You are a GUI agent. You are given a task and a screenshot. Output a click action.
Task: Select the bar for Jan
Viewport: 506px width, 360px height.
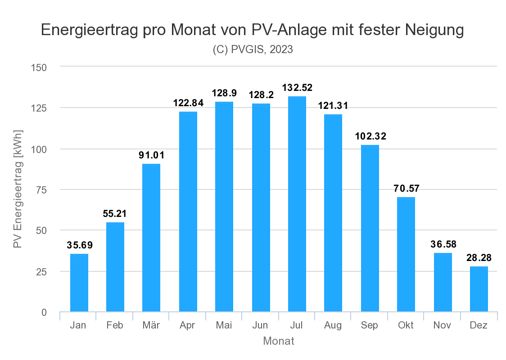tap(79, 283)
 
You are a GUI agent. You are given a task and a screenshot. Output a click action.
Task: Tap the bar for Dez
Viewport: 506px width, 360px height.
tap(479, 289)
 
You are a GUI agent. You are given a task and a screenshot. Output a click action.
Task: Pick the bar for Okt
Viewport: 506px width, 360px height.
tap(406, 254)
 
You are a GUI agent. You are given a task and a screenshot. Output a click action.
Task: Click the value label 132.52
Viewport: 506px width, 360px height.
tap(297, 88)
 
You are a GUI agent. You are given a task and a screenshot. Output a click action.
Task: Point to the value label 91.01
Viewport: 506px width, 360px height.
tap(151, 156)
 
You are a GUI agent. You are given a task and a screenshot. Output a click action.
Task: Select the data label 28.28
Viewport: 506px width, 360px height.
tap(479, 258)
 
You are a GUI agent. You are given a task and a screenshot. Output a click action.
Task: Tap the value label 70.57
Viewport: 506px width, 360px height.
tap(406, 189)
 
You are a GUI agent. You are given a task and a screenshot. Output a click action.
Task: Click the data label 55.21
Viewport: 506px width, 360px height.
tap(115, 214)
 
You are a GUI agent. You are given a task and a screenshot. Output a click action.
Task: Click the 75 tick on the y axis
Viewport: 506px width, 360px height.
tap(41, 190)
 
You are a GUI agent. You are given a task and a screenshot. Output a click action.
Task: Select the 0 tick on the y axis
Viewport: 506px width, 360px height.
tap(44, 312)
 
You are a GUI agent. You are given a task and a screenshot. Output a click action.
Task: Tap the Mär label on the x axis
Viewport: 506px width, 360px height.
tap(151, 325)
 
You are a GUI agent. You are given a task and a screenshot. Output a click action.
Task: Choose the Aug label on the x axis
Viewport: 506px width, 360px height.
tap(333, 325)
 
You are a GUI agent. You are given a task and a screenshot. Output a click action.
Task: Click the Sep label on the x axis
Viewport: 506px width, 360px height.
tap(370, 325)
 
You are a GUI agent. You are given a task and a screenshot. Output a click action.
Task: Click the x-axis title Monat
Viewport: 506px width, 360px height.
tap(279, 341)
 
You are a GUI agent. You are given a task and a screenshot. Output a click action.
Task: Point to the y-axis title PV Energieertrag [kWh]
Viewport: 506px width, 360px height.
tap(18, 189)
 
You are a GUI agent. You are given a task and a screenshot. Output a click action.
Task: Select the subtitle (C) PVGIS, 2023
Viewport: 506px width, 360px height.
tap(253, 49)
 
